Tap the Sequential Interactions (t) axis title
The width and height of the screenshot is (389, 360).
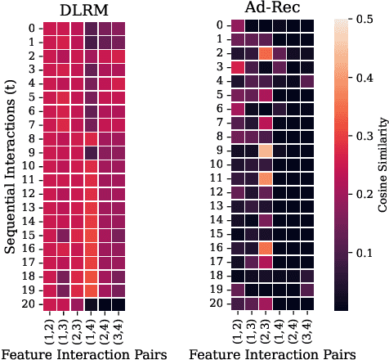(x=11, y=164)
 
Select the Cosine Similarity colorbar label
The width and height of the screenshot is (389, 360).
(x=381, y=164)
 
